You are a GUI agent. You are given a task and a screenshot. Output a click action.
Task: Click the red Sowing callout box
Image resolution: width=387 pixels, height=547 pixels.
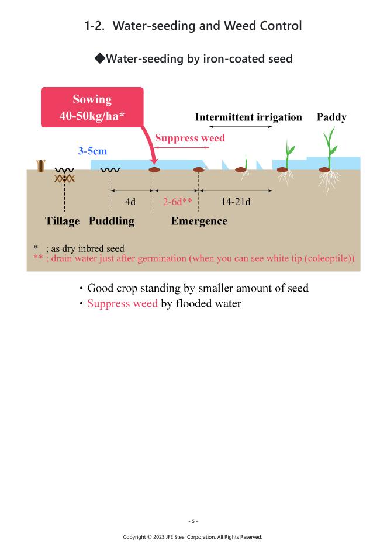click(92, 107)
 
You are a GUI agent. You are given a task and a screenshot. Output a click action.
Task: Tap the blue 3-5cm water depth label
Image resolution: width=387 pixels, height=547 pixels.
click(92, 151)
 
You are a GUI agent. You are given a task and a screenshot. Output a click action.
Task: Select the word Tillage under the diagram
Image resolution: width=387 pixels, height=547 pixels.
click(62, 221)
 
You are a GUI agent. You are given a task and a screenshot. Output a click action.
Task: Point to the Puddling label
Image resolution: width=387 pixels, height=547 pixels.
click(111, 221)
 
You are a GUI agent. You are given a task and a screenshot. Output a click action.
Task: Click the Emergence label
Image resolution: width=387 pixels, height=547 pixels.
click(199, 221)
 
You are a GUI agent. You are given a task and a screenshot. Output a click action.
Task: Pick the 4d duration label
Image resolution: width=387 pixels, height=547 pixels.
click(130, 202)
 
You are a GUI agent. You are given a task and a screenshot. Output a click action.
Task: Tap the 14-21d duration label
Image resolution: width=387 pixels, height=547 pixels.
click(236, 202)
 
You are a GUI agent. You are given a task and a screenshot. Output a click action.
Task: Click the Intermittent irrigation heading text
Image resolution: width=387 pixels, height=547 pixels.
click(248, 117)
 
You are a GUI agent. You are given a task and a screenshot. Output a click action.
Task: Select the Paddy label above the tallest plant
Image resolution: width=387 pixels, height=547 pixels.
click(331, 117)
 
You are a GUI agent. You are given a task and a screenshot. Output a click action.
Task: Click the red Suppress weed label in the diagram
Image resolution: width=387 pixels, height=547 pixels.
click(189, 139)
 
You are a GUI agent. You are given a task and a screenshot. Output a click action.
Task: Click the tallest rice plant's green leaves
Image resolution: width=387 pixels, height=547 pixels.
click(330, 143)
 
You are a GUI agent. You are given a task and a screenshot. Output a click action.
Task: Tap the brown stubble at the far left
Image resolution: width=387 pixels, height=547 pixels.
click(41, 165)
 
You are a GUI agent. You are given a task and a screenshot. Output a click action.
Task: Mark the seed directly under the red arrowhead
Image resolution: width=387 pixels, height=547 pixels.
click(154, 170)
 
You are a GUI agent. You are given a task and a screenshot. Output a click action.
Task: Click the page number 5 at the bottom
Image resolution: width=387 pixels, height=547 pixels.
click(193, 521)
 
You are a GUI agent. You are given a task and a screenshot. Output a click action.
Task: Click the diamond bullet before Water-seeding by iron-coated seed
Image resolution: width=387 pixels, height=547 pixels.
click(99, 58)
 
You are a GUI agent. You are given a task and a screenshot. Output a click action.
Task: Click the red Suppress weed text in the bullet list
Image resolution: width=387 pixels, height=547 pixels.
click(122, 303)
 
